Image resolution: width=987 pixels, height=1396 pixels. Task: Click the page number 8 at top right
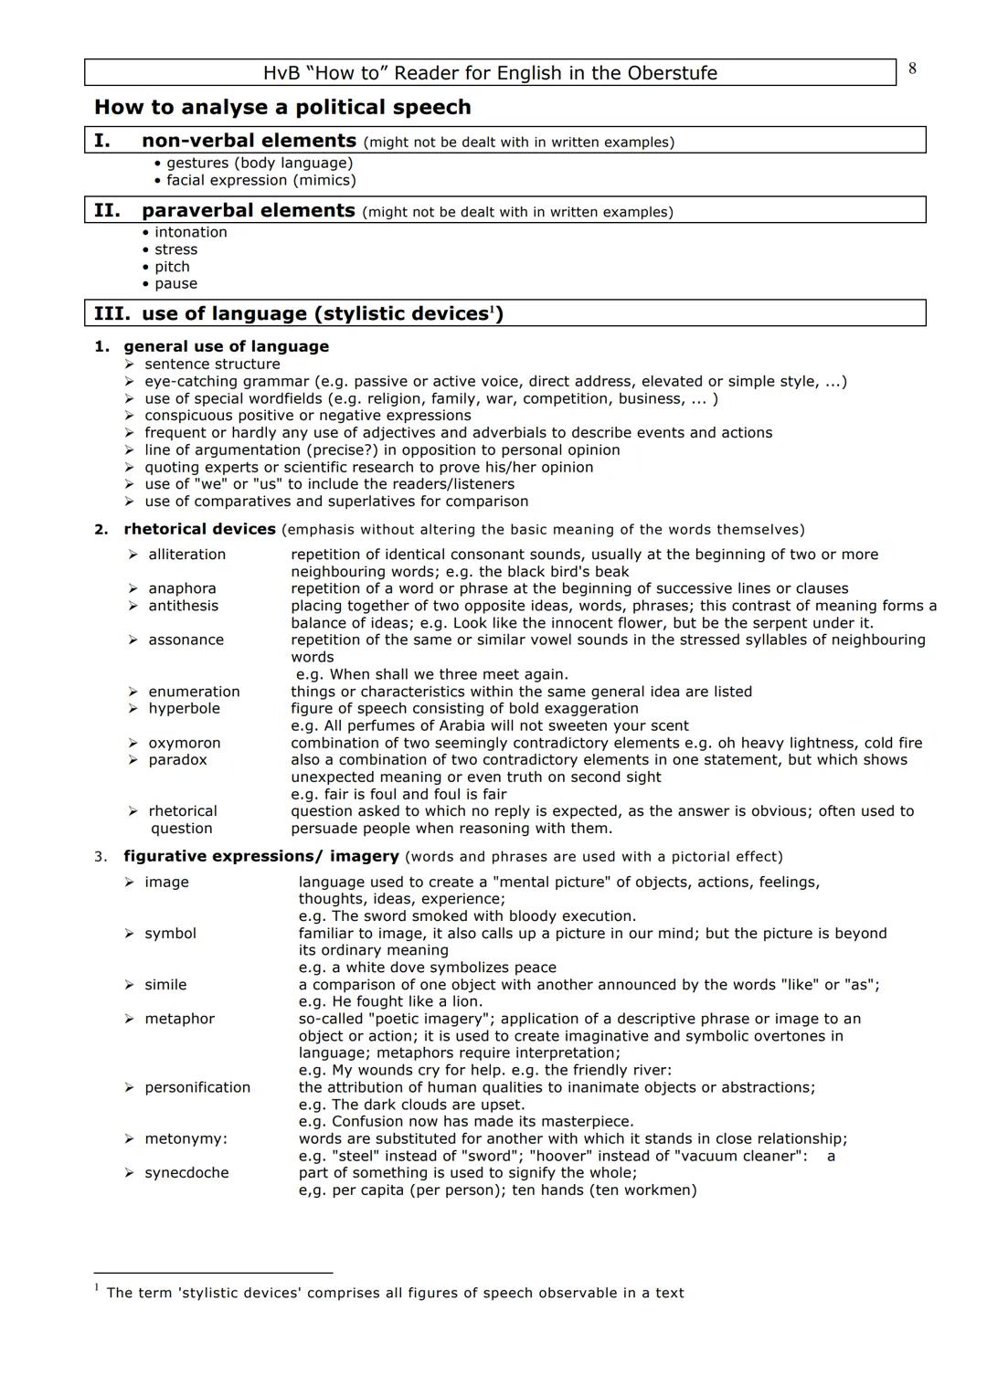coord(912,69)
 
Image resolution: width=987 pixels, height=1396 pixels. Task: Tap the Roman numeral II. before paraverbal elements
coord(107,210)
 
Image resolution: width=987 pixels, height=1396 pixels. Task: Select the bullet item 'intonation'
coord(190,232)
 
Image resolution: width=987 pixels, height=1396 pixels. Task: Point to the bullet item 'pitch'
coord(172,267)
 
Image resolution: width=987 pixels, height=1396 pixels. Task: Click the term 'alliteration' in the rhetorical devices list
coord(186,555)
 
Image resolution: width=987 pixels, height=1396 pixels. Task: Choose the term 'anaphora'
coord(182,588)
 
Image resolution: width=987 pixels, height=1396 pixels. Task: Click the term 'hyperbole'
coord(184,708)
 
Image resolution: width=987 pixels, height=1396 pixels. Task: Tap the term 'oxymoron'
coord(184,743)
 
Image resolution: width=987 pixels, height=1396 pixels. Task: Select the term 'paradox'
coord(177,759)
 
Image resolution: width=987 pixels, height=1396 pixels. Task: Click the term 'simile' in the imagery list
coord(165,984)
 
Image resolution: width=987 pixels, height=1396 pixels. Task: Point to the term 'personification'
coord(197,1087)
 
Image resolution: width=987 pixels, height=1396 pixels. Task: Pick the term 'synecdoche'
coord(186,1172)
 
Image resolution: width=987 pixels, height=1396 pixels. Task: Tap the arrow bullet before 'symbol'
coord(130,934)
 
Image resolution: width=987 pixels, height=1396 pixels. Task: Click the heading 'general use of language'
coord(226,346)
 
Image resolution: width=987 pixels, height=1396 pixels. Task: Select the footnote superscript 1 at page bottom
coord(97,1287)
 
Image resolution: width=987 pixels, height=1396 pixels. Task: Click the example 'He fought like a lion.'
coord(390,1001)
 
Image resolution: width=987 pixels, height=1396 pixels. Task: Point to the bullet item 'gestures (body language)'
coord(259,163)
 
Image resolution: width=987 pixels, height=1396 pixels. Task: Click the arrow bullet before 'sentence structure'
coord(130,365)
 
